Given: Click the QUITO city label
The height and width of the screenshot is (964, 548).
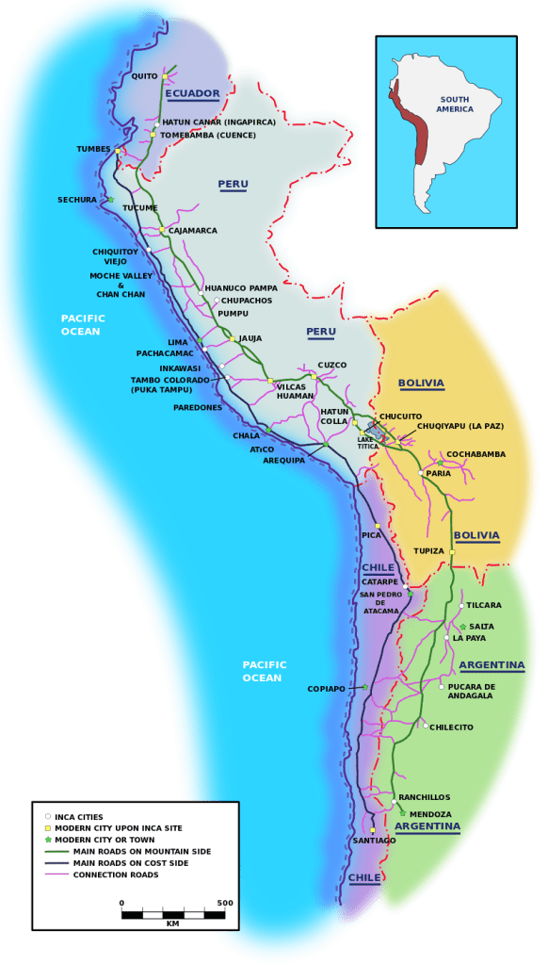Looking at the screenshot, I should click(144, 76).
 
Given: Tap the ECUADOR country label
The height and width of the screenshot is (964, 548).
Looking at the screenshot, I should click(192, 93).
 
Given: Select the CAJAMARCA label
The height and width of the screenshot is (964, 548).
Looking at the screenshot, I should click(192, 230).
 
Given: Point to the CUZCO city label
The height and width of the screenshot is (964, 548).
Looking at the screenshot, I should click(331, 365).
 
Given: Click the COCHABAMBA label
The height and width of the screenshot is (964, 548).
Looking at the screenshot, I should click(475, 454).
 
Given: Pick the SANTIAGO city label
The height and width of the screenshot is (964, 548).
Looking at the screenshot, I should click(373, 840).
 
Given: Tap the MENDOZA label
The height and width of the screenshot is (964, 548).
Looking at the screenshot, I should click(430, 814).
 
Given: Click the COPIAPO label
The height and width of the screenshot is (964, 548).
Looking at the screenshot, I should click(326, 689).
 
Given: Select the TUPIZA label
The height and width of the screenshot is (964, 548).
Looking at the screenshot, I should click(428, 550).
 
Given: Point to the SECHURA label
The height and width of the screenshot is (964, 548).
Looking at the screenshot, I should click(76, 200).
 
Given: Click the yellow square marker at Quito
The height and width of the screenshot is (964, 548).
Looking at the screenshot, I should click(164, 76).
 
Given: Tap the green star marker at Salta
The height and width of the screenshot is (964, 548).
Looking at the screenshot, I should click(462, 627).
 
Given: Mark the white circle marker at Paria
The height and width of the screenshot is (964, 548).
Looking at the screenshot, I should click(421, 473).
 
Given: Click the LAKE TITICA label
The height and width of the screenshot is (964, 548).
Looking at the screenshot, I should click(367, 442).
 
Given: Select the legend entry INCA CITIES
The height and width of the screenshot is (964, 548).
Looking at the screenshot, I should click(79, 817).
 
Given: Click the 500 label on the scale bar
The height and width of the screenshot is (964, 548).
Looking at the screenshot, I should click(224, 903).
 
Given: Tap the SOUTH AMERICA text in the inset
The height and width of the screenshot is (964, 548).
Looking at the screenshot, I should click(455, 104).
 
